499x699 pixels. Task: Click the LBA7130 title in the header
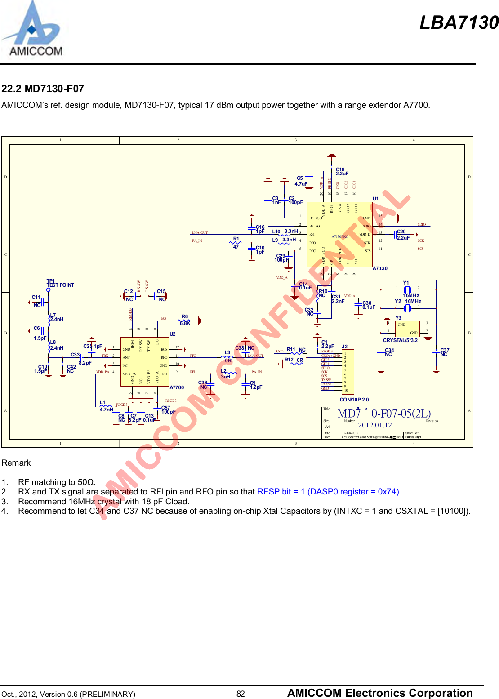click(x=459, y=22)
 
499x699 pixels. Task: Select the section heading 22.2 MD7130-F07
click(x=43, y=89)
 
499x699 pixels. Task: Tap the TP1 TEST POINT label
click(x=60, y=283)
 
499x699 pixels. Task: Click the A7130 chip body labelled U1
click(x=339, y=234)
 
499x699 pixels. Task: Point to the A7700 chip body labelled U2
click(x=145, y=362)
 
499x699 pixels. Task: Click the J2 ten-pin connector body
click(x=348, y=372)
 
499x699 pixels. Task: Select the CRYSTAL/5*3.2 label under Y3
click(x=400, y=340)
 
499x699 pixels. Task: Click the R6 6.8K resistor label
click(x=185, y=320)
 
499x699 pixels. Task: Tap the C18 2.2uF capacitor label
click(x=342, y=172)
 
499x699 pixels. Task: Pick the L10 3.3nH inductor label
click(x=285, y=232)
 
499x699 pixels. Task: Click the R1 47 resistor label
click(x=236, y=243)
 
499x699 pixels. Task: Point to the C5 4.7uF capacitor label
click(x=301, y=181)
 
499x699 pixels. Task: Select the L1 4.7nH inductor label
click(x=106, y=406)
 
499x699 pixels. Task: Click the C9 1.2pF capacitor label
click(x=255, y=385)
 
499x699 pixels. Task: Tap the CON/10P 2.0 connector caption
click(x=354, y=400)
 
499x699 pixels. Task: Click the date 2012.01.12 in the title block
click(x=374, y=425)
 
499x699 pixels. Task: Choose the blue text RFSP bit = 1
click(x=281, y=491)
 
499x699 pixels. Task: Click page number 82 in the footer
click(x=241, y=694)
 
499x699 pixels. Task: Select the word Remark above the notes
click(x=16, y=463)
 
